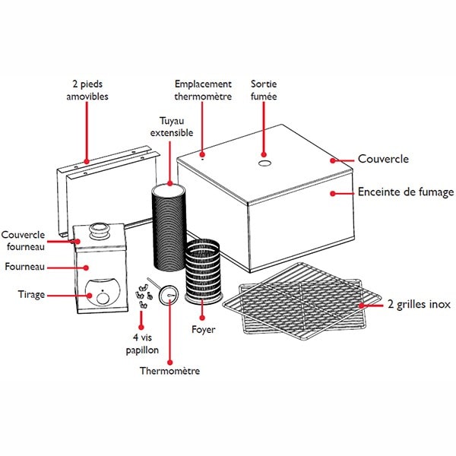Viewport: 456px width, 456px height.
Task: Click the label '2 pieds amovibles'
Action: point(87,90)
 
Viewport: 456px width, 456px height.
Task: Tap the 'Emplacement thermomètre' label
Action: point(203,90)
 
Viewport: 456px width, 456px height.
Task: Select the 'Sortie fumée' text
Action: point(264,90)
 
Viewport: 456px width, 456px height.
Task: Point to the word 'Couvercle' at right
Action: point(383,160)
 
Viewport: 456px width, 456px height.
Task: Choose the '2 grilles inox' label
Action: point(419,304)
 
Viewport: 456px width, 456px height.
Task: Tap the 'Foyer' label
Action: point(204,330)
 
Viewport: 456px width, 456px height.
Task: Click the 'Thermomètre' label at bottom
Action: point(169,371)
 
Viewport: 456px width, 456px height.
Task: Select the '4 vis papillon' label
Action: point(142,343)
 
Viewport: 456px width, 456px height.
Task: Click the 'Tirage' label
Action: point(33,293)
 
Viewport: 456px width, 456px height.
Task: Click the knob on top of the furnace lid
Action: point(99,229)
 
